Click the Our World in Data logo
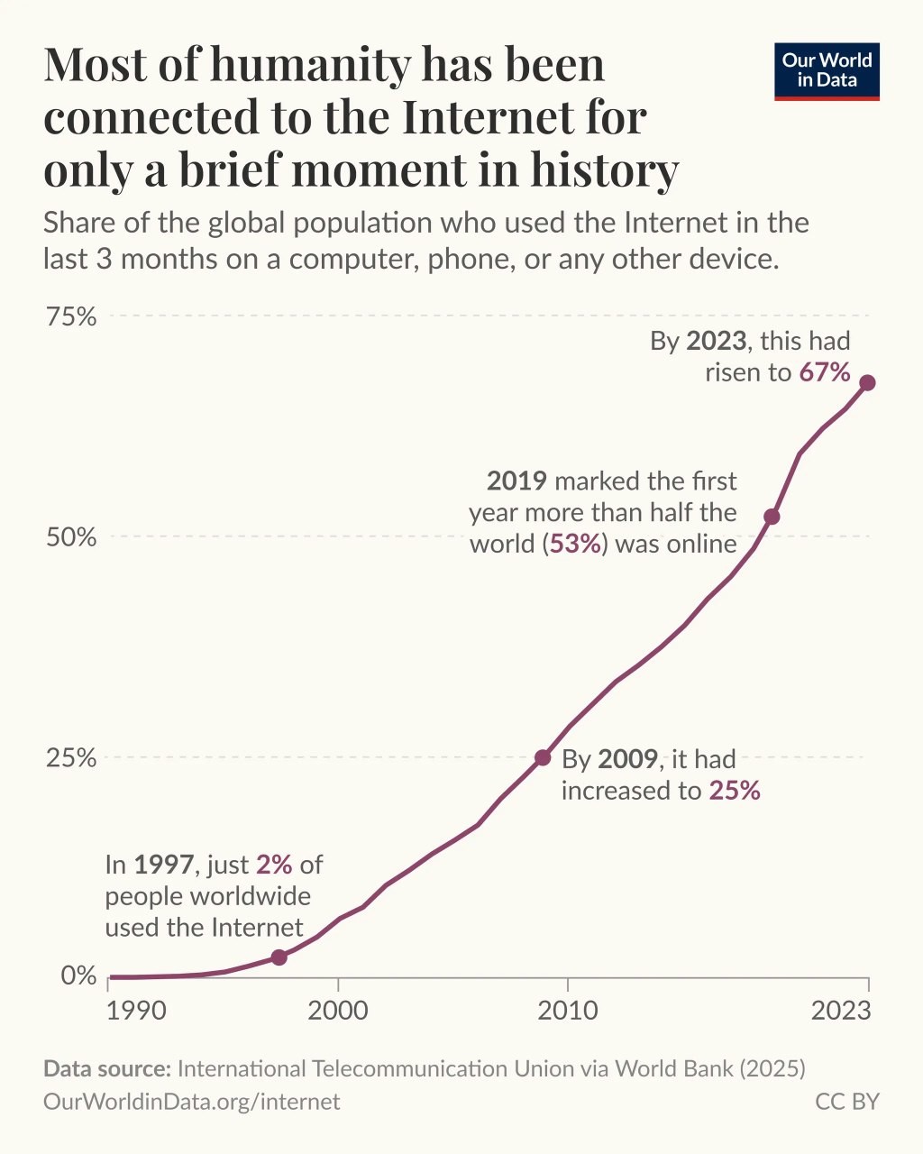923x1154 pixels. [827, 71]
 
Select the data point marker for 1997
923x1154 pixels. [279, 957]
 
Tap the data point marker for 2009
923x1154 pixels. [543, 757]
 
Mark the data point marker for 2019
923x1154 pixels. [772, 517]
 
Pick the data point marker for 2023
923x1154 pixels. [867, 382]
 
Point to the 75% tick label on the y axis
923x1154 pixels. [71, 316]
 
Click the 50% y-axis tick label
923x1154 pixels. [71, 537]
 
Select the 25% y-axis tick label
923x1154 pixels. [71, 757]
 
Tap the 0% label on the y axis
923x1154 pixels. [78, 976]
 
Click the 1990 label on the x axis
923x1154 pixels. [135, 1011]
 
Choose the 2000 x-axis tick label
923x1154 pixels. [338, 1011]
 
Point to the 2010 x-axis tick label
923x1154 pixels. [568, 1011]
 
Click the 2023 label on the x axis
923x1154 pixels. [841, 1011]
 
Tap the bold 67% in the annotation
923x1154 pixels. [825, 372]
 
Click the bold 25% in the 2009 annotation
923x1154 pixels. [735, 792]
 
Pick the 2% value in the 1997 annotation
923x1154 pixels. [274, 865]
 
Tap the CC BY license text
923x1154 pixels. [846, 1102]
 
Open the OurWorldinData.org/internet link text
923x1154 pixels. [192, 1102]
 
